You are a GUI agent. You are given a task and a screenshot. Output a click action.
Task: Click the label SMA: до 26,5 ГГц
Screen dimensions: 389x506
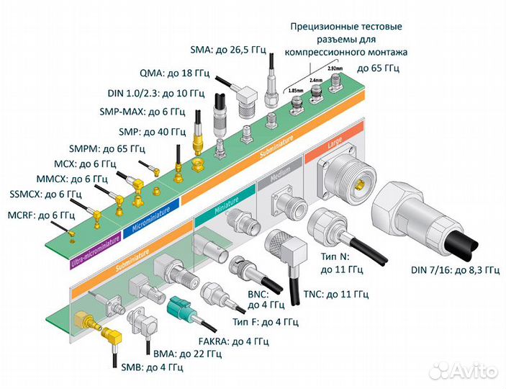[x=228, y=50]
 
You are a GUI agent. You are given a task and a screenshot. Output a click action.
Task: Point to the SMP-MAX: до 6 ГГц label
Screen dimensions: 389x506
[x=142, y=112]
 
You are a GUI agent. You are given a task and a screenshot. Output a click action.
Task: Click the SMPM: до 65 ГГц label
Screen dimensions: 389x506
[x=107, y=149]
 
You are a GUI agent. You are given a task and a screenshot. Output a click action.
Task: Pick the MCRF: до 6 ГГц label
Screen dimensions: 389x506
[x=41, y=215]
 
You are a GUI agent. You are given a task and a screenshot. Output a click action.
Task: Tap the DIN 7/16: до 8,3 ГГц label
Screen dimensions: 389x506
[x=455, y=270]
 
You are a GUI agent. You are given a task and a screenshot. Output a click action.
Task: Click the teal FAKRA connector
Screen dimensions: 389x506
[x=182, y=314]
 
